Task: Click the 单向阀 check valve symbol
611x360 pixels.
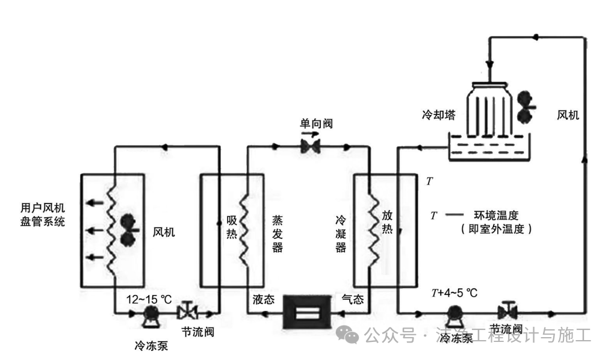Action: coord(311,146)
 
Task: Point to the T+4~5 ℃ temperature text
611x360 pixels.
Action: coord(454,293)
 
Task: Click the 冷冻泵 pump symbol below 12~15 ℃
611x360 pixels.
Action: coord(150,314)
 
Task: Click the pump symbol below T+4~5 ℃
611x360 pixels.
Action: coord(454,314)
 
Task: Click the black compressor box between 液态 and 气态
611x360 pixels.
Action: coord(306,312)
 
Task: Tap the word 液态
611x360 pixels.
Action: coord(264,299)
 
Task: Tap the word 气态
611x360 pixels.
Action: coord(352,299)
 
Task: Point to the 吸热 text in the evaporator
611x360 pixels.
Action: coord(232,228)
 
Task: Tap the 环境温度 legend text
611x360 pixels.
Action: coord(496,214)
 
